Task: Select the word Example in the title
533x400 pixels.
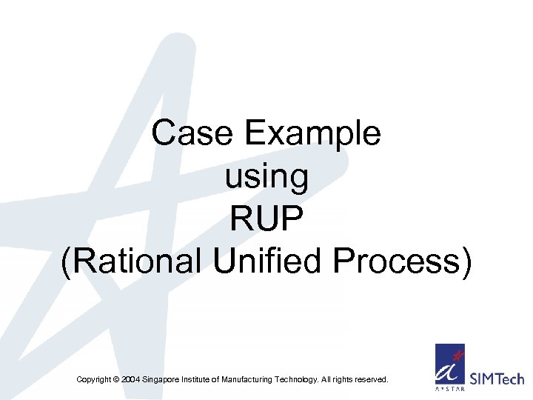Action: [313, 134]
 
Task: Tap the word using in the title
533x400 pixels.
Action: [266, 177]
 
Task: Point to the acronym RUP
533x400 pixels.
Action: [266, 220]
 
